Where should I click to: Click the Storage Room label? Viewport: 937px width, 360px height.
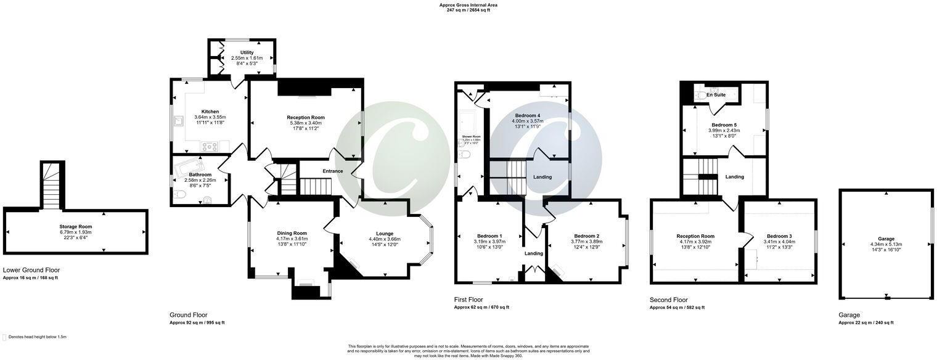75,226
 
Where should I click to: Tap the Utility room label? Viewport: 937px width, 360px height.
247,52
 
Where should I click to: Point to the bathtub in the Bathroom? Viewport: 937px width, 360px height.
192,167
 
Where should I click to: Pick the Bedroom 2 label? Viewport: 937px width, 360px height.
586,236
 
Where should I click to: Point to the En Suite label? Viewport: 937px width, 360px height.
716,95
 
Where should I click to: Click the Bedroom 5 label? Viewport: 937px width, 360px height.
722,125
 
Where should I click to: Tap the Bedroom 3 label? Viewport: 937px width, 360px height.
779,236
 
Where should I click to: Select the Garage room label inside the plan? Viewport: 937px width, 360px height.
885,239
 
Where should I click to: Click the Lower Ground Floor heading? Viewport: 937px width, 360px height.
31,270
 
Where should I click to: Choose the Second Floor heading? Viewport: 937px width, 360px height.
668,300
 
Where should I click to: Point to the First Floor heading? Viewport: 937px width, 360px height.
468,300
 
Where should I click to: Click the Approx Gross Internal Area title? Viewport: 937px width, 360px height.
468,5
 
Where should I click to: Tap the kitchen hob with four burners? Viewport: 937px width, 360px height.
208,147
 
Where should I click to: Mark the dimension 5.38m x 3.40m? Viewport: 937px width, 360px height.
305,123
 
